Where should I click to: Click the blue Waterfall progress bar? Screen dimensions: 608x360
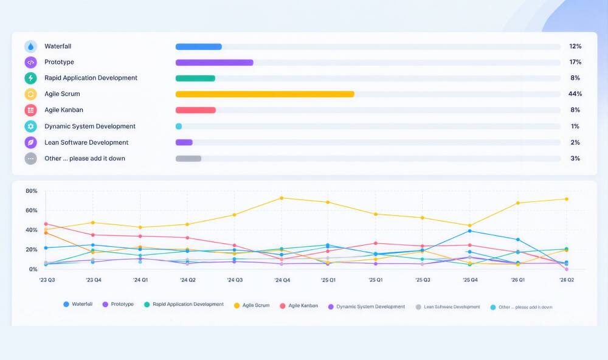199,47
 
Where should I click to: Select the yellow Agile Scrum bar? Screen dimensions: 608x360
265,94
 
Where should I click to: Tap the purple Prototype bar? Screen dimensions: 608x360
215,63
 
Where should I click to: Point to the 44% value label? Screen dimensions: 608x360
575,94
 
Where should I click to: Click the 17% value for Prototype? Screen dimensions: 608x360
575,62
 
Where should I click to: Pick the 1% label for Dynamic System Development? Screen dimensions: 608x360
575,126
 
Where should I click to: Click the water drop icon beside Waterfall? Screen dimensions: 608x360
30,47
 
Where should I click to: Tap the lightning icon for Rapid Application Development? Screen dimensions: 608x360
30,78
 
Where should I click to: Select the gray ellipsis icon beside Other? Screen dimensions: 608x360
30,159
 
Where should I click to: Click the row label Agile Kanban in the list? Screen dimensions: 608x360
64,110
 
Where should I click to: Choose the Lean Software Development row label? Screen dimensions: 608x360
86,142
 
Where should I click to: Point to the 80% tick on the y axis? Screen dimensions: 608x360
32,191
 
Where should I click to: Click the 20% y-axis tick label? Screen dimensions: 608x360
32,249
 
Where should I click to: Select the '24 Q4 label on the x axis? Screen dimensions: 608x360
282,280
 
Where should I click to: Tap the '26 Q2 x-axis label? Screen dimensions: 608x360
567,280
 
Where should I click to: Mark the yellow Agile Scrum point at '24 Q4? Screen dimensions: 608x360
282,198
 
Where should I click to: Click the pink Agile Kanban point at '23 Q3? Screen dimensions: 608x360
46,224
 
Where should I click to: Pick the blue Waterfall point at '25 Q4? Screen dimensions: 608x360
469,231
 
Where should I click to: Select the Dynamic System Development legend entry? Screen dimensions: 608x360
367,306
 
